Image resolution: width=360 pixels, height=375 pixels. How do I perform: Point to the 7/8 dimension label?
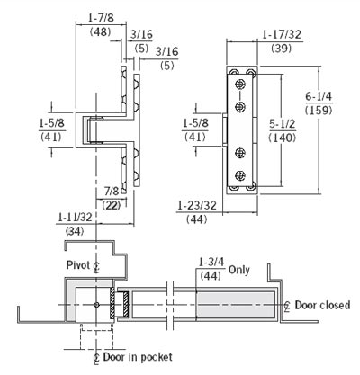(112, 192)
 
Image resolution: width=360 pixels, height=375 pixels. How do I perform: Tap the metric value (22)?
(112, 206)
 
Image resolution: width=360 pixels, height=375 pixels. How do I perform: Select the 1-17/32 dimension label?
(281, 34)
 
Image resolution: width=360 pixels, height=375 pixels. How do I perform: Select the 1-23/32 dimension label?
(196, 206)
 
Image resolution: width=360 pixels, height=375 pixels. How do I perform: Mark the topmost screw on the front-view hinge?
(240, 86)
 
